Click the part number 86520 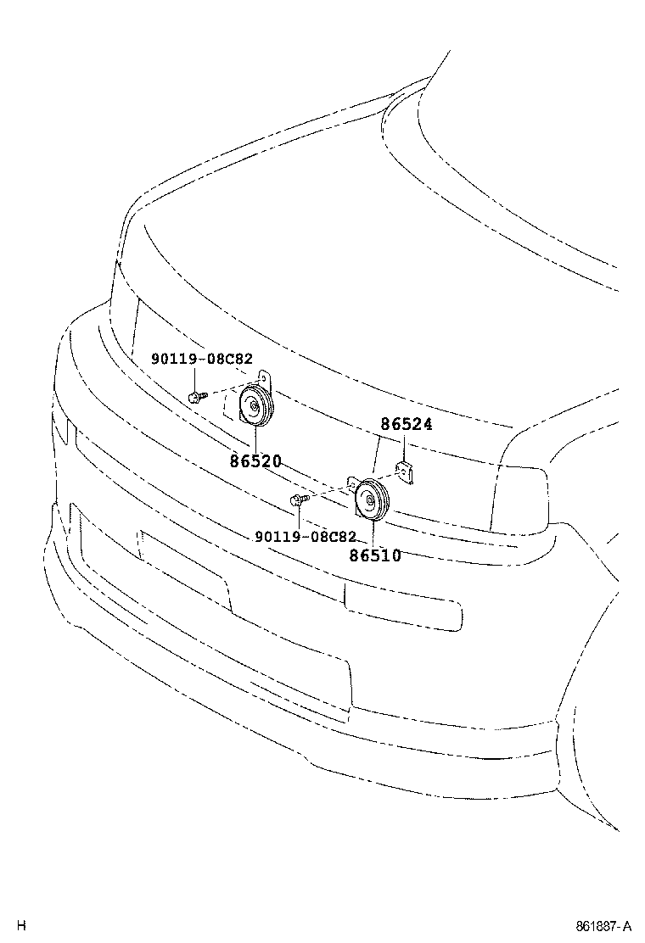click(x=255, y=461)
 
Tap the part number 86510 click(x=375, y=555)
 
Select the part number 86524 click(x=407, y=424)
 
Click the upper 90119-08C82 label click(x=202, y=359)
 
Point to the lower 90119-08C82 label click(x=306, y=537)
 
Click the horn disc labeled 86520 click(x=257, y=406)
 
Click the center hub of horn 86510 click(x=369, y=499)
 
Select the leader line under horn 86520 click(x=255, y=441)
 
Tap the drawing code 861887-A click(x=603, y=925)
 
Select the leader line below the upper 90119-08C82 click(x=195, y=379)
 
